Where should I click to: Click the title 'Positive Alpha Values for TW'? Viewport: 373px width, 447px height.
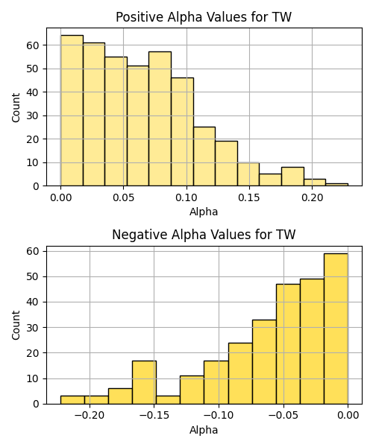pyautogui.click(x=204, y=17)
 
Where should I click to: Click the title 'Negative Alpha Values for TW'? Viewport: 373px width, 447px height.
pyautogui.click(x=204, y=235)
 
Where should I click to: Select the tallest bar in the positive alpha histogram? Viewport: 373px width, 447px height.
pyautogui.click(x=72, y=110)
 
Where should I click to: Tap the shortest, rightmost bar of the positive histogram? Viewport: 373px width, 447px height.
pyautogui.click(x=336, y=185)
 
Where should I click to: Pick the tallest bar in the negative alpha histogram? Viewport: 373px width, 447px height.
pyautogui.click(x=336, y=329)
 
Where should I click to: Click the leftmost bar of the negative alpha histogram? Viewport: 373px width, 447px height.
pyautogui.click(x=72, y=400)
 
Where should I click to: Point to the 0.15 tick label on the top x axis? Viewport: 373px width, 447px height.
pyautogui.click(x=249, y=197)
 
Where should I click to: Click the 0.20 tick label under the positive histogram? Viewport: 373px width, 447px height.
pyautogui.click(x=313, y=197)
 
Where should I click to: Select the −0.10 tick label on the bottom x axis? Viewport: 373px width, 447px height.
pyautogui.click(x=219, y=416)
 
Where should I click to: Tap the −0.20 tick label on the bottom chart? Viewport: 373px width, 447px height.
pyautogui.click(x=90, y=416)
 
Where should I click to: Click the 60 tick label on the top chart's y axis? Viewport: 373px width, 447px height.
pyautogui.click(x=33, y=45)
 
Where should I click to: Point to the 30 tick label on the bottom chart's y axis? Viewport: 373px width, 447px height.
pyautogui.click(x=33, y=328)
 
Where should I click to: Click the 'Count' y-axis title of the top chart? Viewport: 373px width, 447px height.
pyautogui.click(x=16, y=107)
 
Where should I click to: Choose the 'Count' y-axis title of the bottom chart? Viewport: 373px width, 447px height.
pyautogui.click(x=16, y=325)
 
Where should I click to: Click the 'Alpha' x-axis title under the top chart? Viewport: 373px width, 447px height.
pyautogui.click(x=204, y=212)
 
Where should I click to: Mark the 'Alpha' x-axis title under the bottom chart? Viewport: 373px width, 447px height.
pyautogui.click(x=204, y=430)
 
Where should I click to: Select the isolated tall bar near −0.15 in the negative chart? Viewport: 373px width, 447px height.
pyautogui.click(x=144, y=382)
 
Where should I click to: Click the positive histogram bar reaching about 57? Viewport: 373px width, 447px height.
pyautogui.click(x=160, y=119)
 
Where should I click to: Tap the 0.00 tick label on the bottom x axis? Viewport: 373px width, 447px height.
pyautogui.click(x=348, y=416)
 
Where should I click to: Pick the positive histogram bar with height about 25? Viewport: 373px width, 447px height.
pyautogui.click(x=204, y=156)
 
